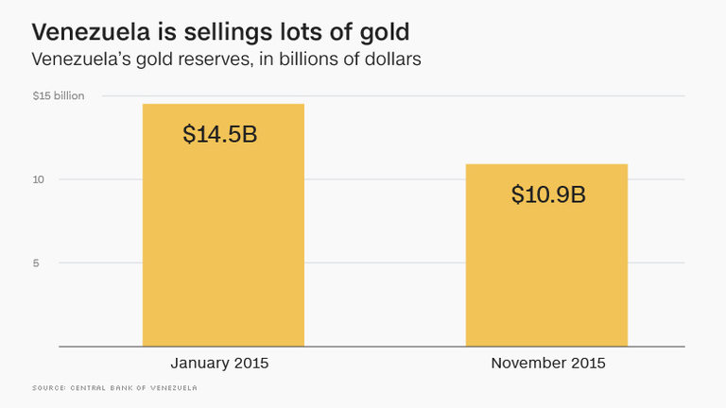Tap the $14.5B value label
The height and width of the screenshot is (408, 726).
(x=220, y=134)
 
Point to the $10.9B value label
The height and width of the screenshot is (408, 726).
(x=548, y=195)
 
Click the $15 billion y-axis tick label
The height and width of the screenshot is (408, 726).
(x=58, y=96)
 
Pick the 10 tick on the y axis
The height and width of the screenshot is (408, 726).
(x=39, y=179)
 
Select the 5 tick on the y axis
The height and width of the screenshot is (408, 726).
(x=36, y=263)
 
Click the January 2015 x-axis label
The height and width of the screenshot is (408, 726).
(x=223, y=364)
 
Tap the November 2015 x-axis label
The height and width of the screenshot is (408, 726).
(x=547, y=364)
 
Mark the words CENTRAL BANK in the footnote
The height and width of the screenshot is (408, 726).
(x=112, y=388)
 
